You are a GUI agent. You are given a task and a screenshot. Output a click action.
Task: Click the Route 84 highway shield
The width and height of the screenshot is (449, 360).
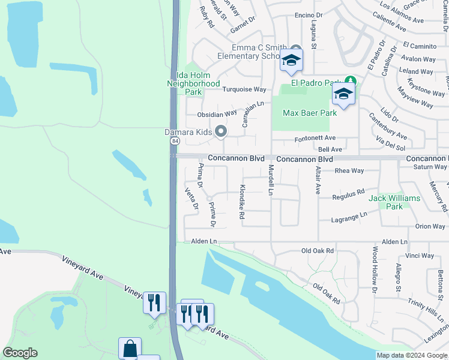[175, 140]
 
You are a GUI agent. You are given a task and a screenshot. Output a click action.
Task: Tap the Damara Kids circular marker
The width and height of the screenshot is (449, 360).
[221, 131]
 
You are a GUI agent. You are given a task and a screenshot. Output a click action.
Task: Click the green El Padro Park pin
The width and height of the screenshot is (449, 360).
[349, 82]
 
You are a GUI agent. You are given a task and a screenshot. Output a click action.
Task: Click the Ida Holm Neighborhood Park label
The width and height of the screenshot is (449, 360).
[193, 83]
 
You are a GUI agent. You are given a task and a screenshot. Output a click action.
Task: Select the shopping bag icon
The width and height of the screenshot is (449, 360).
[130, 349]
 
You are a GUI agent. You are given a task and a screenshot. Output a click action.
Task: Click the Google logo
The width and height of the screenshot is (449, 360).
[20, 352]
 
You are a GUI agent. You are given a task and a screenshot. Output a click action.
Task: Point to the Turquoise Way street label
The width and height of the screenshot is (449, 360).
[244, 89]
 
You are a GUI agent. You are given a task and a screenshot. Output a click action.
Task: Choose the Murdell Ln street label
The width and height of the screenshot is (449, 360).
[271, 180]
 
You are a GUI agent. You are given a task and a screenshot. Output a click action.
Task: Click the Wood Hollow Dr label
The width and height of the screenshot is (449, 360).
[375, 269]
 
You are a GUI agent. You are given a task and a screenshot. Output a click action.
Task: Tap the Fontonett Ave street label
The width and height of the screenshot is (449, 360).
[315, 138]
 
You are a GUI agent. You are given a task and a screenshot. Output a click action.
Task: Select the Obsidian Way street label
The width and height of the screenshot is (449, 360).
[217, 114]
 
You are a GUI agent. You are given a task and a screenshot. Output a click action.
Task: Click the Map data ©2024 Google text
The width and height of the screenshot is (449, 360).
[412, 355]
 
